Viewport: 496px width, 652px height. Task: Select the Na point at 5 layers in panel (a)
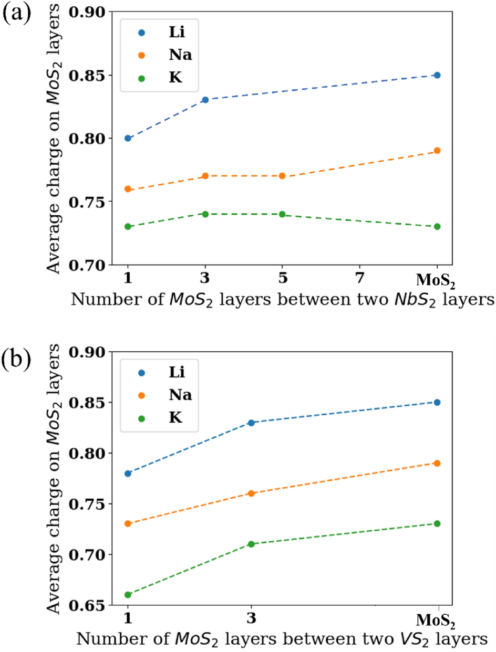[x=282, y=176]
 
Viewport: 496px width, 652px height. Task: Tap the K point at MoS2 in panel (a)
[x=437, y=226]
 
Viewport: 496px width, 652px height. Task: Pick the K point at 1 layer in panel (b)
[x=128, y=595]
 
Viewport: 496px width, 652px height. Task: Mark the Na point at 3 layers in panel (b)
[x=251, y=493]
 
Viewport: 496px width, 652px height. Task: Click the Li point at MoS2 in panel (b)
[x=437, y=402]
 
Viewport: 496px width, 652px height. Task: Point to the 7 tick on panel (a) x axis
[x=360, y=276]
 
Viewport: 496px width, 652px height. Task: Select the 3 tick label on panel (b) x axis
[x=251, y=618]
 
